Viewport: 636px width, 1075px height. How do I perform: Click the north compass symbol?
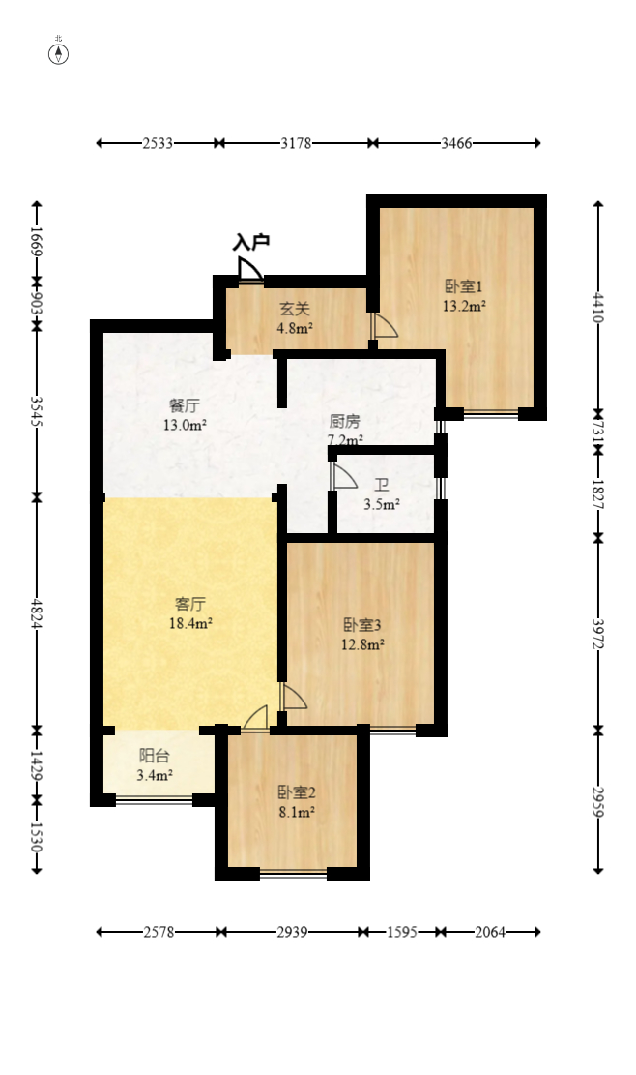pos(59,52)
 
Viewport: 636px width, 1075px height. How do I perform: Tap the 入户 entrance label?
pos(250,242)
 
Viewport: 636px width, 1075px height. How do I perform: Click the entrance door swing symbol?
pos(250,269)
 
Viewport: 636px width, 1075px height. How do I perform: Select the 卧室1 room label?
pos(463,286)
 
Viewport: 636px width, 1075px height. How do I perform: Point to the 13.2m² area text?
pos(463,307)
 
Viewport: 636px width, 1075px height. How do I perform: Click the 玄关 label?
pos(295,309)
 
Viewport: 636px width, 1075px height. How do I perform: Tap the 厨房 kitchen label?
pos(344,422)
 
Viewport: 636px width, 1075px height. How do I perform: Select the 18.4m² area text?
pos(190,624)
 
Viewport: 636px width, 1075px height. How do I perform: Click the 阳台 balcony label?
pos(155,755)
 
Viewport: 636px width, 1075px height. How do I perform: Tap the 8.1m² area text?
pos(293,813)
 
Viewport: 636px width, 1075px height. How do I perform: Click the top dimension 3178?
pos(295,143)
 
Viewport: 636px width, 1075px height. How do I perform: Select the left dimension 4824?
pos(37,612)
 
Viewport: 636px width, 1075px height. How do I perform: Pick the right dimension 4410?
pos(598,308)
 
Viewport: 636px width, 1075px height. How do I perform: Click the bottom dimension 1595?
pos(401,932)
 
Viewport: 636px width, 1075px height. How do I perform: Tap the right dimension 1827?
pos(598,494)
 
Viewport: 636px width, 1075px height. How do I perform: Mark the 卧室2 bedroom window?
pos(293,874)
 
